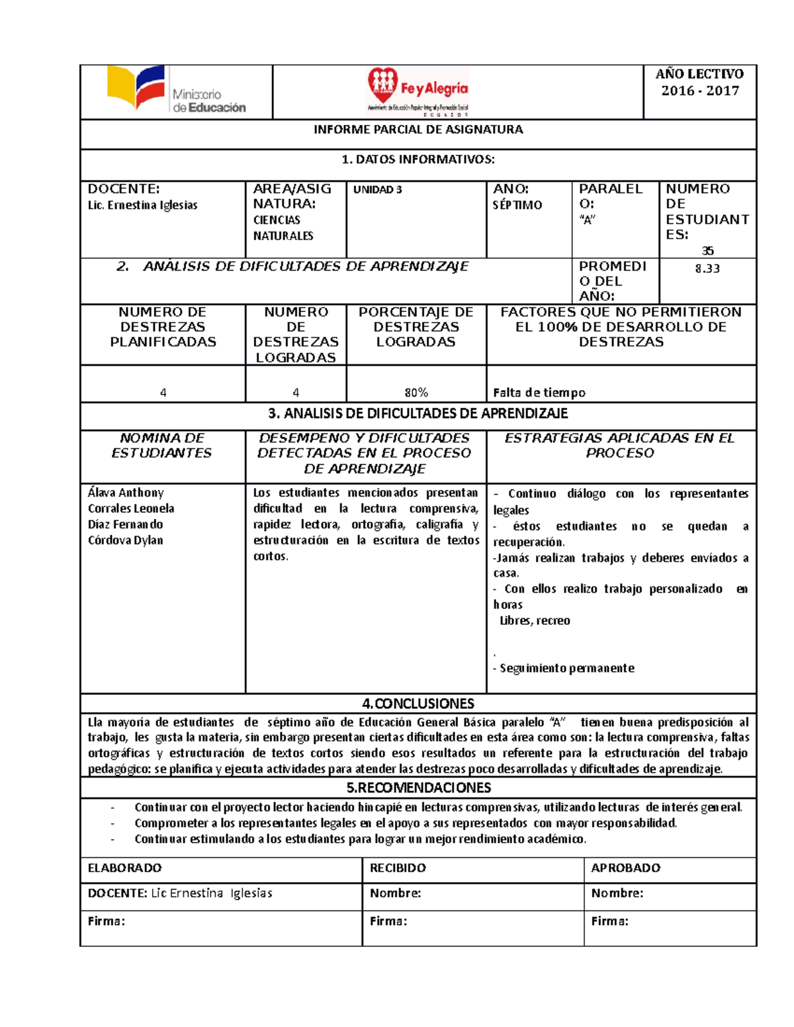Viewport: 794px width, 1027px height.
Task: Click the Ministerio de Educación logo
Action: [176, 91]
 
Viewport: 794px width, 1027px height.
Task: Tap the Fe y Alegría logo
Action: [418, 91]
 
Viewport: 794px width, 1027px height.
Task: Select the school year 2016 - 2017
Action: [700, 91]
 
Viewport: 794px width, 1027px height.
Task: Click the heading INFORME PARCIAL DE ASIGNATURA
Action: [418, 130]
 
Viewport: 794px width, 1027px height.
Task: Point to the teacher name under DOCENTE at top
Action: [143, 206]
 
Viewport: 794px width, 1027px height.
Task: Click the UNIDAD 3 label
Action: [378, 190]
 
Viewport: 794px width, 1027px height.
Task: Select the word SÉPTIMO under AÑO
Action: [517, 206]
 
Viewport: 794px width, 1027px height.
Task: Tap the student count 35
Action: [707, 251]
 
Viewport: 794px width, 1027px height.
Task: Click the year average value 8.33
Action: [707, 268]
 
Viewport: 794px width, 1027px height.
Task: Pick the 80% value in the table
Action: [416, 393]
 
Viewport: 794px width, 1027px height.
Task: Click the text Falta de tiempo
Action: [539, 393]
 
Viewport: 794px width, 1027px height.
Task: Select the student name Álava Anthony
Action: [126, 493]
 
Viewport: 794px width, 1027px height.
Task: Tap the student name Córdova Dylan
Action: [126, 540]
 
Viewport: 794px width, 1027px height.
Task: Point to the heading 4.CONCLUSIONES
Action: [418, 704]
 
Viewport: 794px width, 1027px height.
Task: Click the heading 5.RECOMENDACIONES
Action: [418, 788]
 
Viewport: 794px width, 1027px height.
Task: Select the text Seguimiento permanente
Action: [567, 669]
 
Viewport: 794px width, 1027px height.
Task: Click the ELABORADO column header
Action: [125, 868]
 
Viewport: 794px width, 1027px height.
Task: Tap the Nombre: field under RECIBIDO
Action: [396, 893]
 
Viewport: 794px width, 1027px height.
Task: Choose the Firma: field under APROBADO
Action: [610, 921]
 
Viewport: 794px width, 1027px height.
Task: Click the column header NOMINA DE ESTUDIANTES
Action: [162, 446]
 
